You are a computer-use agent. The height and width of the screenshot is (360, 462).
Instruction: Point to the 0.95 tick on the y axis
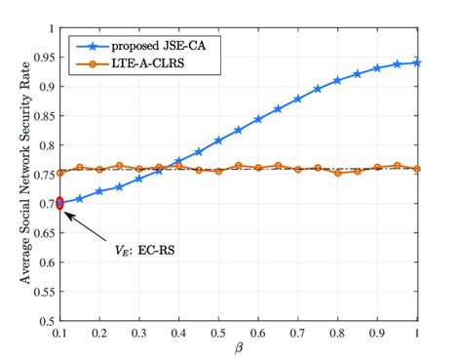[x=42, y=58]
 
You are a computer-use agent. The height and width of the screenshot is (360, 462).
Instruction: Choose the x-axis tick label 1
[x=417, y=333]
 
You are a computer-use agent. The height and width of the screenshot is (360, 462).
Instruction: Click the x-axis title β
[x=239, y=348]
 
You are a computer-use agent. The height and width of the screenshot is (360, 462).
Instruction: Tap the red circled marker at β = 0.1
[x=60, y=203]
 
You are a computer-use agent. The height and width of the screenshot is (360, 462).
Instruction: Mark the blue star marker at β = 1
[x=417, y=62]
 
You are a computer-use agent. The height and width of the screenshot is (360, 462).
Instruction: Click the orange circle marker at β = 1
[x=417, y=169]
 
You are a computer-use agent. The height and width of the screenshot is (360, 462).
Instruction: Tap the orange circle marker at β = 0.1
[x=60, y=173]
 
